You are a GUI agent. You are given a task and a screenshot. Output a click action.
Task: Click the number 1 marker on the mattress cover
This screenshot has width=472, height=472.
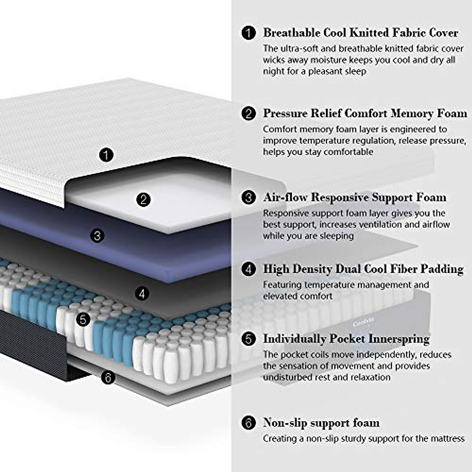[x=106, y=155]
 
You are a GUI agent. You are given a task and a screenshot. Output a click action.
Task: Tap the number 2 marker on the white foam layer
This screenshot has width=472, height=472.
[x=143, y=200]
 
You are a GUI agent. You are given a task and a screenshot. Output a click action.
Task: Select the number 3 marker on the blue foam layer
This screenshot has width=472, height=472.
[x=97, y=236]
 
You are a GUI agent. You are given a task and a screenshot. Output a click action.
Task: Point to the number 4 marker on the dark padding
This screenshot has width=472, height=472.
[x=142, y=293]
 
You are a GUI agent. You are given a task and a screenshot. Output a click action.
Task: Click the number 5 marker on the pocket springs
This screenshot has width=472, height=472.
[x=83, y=319]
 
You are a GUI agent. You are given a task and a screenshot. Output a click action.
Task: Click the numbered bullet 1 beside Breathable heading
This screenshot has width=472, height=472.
[x=248, y=33]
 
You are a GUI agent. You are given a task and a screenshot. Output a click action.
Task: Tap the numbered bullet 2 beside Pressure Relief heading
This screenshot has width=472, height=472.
[x=248, y=114]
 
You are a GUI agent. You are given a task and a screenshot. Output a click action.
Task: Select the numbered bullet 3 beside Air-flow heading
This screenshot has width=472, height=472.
[x=248, y=197]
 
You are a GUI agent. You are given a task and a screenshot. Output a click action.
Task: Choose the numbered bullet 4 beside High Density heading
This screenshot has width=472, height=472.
[x=248, y=269]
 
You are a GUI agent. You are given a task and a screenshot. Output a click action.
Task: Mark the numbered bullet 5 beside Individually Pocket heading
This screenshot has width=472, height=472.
[x=248, y=339]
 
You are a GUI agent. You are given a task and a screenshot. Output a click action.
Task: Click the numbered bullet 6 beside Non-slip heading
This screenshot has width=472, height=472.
[x=248, y=423]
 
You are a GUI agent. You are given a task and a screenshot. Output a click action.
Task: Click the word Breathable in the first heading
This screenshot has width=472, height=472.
[x=291, y=33]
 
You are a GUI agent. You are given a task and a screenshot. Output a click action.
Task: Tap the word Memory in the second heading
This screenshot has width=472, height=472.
[x=412, y=114]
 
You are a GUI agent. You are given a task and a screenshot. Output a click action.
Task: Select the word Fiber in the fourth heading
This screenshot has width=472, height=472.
[x=404, y=269]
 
